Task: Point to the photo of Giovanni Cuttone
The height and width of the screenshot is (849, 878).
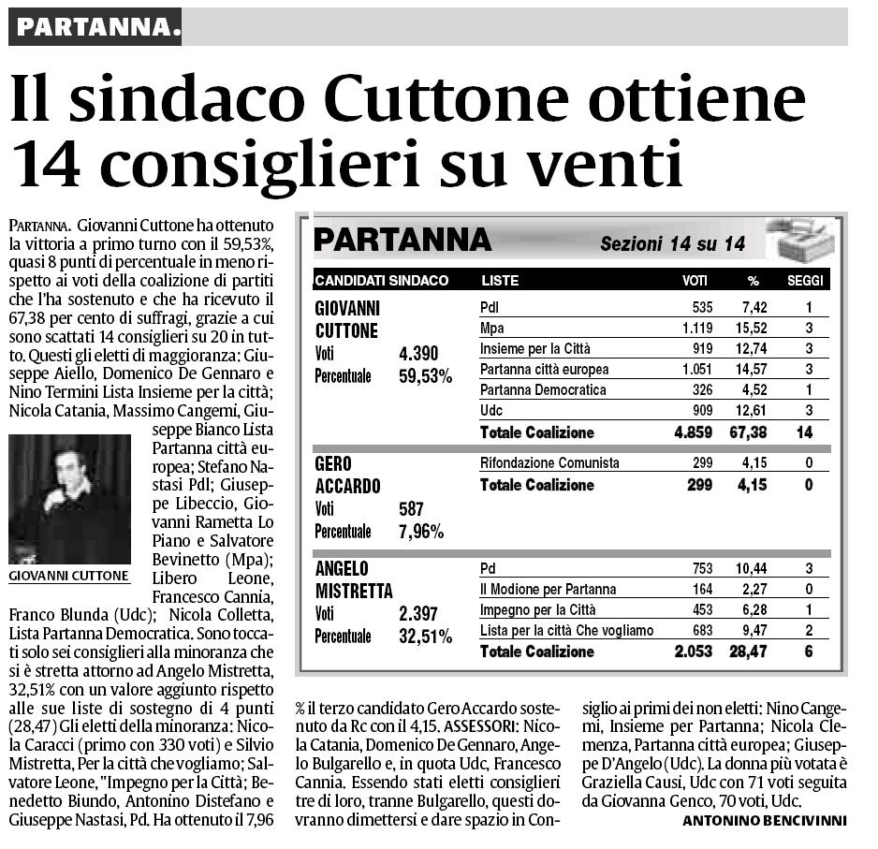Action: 69,499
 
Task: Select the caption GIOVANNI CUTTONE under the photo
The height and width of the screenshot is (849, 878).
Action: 69,577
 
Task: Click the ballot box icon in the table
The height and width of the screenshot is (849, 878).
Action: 798,239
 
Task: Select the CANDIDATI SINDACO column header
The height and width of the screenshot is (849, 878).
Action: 382,281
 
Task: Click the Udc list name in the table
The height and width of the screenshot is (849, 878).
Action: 491,411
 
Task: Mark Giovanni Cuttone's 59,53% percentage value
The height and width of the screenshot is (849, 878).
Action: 427,376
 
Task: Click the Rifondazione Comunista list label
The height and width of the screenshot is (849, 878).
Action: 549,463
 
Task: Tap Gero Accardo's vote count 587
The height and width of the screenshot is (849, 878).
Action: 412,510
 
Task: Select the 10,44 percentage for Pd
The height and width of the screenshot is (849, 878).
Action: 752,569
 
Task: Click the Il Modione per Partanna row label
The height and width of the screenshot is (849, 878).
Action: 548,590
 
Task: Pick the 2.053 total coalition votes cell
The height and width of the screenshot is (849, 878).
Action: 693,651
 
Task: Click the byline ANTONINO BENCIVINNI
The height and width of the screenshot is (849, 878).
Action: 765,821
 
